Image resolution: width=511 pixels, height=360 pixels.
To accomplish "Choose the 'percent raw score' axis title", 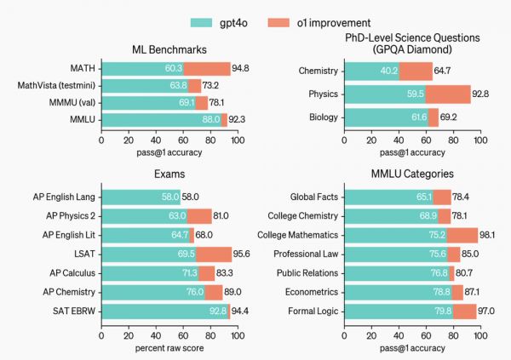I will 164,348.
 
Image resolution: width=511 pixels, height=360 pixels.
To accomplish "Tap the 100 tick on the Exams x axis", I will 232,333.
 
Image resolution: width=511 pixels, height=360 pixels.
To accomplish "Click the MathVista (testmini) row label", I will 57,86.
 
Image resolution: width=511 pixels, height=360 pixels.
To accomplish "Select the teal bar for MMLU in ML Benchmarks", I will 158,121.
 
